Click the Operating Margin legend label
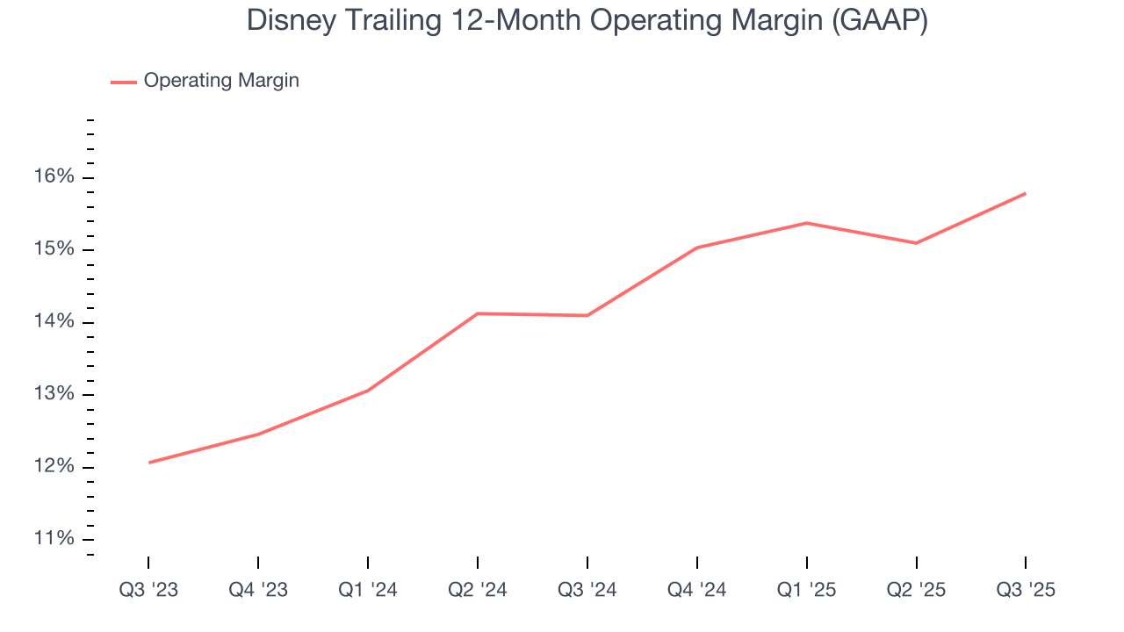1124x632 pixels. [x=221, y=81]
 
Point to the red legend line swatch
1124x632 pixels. [x=123, y=82]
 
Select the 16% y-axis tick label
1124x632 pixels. [x=54, y=177]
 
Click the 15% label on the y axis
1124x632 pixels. [x=54, y=250]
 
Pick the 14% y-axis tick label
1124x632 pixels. [x=54, y=322]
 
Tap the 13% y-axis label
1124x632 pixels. [x=54, y=394]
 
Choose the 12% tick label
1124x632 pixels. [x=54, y=467]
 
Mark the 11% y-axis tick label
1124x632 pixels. [x=54, y=539]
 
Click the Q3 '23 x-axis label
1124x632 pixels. [x=148, y=591]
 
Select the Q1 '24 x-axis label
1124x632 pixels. [x=368, y=591]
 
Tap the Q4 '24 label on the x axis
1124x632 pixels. [x=697, y=591]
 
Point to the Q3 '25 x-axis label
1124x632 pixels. [x=1026, y=591]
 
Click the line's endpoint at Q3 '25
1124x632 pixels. [x=1026, y=193]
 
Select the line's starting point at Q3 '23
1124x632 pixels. [x=148, y=463]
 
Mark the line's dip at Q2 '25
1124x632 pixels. [x=916, y=243]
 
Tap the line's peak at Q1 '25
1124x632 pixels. [x=806, y=223]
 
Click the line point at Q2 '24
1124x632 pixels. [x=478, y=313]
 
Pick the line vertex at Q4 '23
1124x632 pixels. [x=258, y=434]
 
